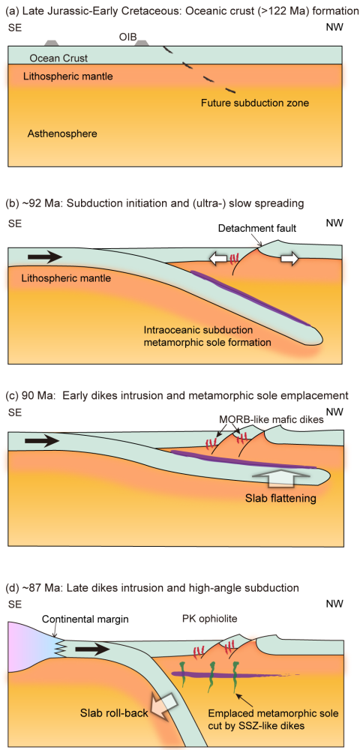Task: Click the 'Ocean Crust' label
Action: [x=55, y=58]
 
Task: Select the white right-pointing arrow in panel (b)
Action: [x=285, y=259]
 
